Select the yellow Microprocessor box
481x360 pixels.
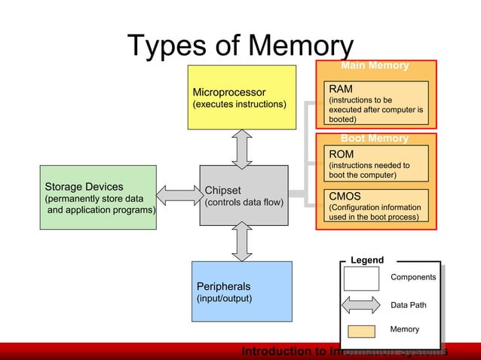click(241, 97)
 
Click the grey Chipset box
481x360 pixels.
click(244, 195)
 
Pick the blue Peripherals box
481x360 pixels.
click(241, 291)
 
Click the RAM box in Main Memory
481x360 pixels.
click(375, 103)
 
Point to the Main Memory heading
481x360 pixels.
click(375, 66)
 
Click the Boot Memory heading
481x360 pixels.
click(375, 139)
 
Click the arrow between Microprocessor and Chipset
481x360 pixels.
click(242, 148)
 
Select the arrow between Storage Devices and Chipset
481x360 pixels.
click(178, 195)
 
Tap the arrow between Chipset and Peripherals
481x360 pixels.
click(242, 243)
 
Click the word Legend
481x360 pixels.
click(367, 260)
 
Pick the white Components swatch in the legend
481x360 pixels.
click(361, 278)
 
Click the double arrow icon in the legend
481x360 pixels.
click(361, 305)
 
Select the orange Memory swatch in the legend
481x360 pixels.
click(361, 330)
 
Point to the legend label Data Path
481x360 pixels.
click(408, 305)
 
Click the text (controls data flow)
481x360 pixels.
click(244, 203)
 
